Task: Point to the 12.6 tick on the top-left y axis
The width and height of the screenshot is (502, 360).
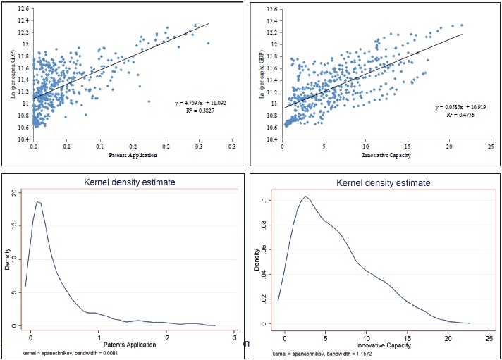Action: pos(23,8)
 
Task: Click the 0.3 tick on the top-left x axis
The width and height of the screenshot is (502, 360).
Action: pos(231,146)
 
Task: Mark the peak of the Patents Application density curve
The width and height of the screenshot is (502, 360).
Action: pos(39,202)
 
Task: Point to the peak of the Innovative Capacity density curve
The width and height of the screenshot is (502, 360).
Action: pos(305,197)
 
